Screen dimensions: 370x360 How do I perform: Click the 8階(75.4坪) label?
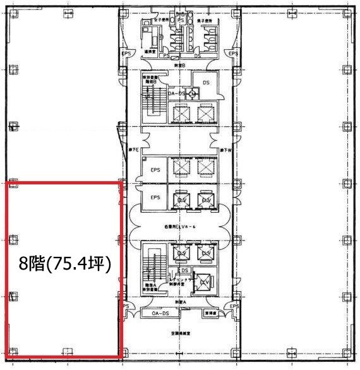(x=65, y=263)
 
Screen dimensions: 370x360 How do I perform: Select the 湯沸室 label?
(x=150, y=52)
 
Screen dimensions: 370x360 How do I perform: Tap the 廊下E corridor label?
(x=134, y=150)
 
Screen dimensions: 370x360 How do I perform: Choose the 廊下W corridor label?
(x=225, y=150)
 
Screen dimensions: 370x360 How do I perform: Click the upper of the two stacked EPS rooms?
(x=154, y=169)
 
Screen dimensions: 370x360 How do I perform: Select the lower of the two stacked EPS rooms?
(x=154, y=198)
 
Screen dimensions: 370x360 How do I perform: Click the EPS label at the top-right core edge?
(x=233, y=54)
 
